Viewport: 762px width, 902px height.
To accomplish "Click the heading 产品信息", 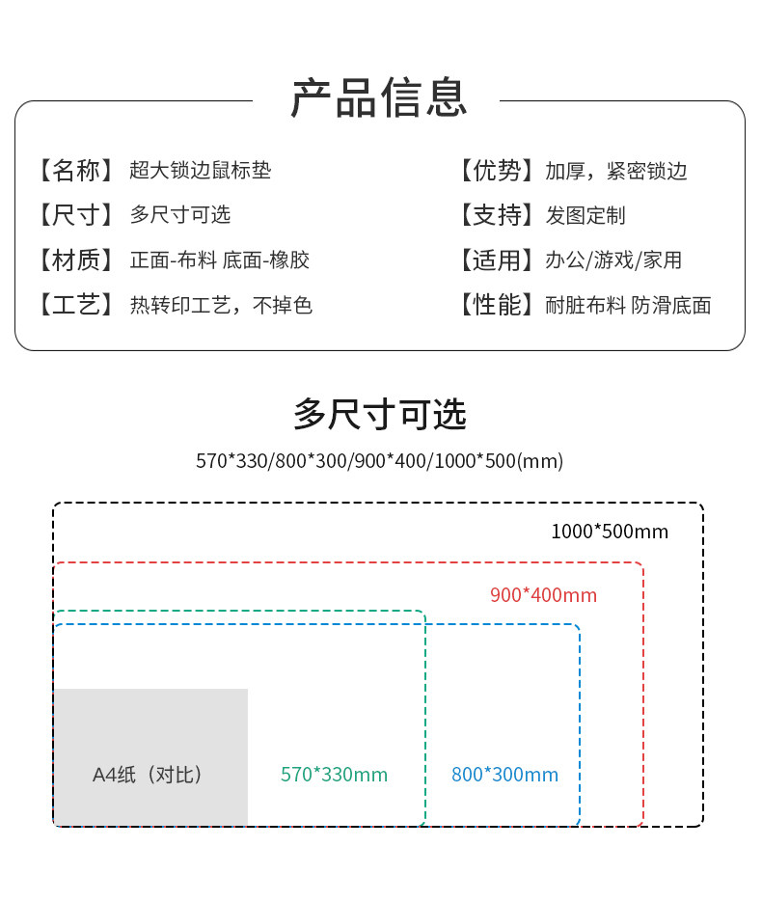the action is [379, 98].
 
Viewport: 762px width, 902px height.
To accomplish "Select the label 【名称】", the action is [75, 171].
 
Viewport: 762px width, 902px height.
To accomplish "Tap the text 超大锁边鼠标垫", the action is [200, 171].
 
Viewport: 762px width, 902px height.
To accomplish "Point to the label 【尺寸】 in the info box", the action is [75, 215].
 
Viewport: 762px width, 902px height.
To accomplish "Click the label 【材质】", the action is [75, 260].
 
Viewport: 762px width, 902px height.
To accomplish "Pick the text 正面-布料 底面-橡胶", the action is [220, 260].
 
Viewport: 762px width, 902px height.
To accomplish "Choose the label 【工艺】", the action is [75, 305].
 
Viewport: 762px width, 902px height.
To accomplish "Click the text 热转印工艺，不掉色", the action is [222, 305].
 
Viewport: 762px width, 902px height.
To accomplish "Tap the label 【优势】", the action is [497, 171].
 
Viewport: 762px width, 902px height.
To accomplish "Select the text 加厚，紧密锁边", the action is [616, 171].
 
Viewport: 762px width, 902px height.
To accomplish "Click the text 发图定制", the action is [585, 216].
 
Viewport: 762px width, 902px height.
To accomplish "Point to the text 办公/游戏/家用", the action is [613, 260].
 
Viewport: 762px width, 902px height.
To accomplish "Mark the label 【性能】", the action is [497, 305].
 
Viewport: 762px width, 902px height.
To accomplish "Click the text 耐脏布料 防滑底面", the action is [629, 306].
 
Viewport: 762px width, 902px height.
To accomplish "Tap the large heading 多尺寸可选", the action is [380, 414].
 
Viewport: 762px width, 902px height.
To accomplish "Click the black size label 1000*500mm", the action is [610, 532].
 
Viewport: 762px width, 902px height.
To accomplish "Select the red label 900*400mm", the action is [543, 595].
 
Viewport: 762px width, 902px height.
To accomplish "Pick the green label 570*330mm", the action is [334, 775].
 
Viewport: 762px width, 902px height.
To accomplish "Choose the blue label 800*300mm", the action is [504, 775].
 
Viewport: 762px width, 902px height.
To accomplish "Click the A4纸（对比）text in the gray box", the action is [148, 775].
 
